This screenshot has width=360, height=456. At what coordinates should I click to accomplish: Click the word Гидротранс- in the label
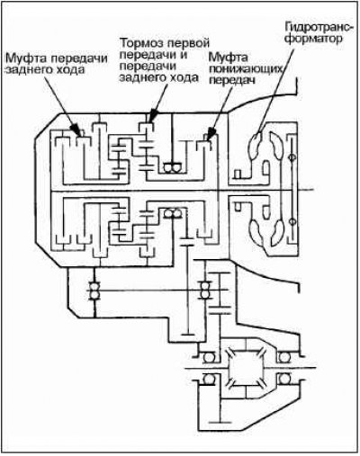pos(319,27)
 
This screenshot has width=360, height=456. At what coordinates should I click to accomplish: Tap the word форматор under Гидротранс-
pos(313,39)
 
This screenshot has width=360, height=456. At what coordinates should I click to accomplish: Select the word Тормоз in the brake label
pos(141,43)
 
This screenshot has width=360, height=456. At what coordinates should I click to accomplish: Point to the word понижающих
pos(246,69)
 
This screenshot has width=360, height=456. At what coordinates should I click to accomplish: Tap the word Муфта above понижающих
pos(229,57)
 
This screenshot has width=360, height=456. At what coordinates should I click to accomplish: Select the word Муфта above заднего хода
pos(25,58)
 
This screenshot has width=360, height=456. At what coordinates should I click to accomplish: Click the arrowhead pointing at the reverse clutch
pos(77,131)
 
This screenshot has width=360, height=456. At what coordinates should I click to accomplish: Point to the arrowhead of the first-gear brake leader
pos(153,116)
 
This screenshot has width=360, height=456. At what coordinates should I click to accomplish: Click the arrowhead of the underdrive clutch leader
pos(211,133)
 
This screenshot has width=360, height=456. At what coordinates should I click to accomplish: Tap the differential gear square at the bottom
pos(246,368)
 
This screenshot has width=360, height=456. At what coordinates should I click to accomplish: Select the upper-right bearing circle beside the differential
pos(283,357)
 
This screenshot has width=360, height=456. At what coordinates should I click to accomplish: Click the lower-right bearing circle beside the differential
pos(283,379)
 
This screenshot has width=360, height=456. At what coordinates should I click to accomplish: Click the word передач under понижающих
pos(231,81)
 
